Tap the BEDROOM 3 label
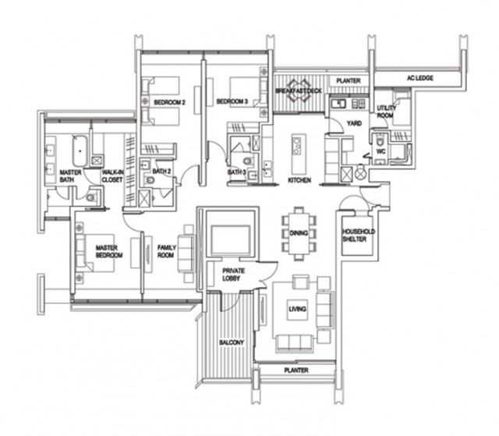pyautogui.click(x=232, y=102)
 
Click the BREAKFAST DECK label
pyautogui.click(x=299, y=91)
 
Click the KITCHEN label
pyautogui.click(x=299, y=180)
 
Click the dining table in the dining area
pyautogui.click(x=298, y=232)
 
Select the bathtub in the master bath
pyautogui.click(x=79, y=148)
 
